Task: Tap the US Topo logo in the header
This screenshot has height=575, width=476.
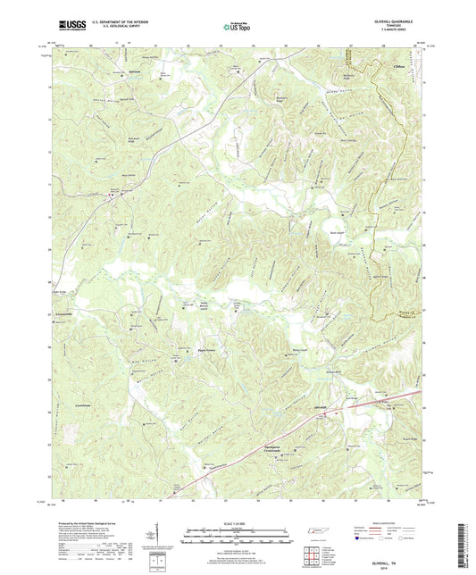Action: (x=233, y=28)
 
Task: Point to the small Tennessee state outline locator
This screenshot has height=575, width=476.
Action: (x=318, y=532)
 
